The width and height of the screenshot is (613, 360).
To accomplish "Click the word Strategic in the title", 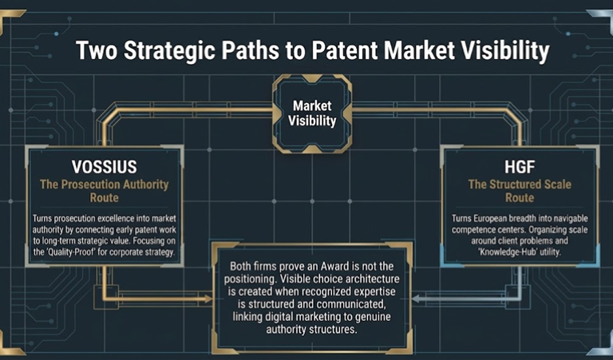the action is click(x=169, y=51).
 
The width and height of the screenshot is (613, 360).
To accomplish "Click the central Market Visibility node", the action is click(x=312, y=113).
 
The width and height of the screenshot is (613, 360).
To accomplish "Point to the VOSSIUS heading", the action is click(x=105, y=167).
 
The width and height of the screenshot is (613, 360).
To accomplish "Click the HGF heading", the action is click(x=520, y=167).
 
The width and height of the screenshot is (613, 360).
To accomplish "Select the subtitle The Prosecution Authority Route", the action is click(x=105, y=191).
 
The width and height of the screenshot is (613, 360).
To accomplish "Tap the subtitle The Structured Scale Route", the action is click(x=520, y=191).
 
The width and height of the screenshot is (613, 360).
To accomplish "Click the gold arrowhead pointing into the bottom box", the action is click(x=208, y=299).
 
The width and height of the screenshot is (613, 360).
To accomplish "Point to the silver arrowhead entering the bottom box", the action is click(x=417, y=299).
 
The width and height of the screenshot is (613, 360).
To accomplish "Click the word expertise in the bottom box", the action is click(x=372, y=292).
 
